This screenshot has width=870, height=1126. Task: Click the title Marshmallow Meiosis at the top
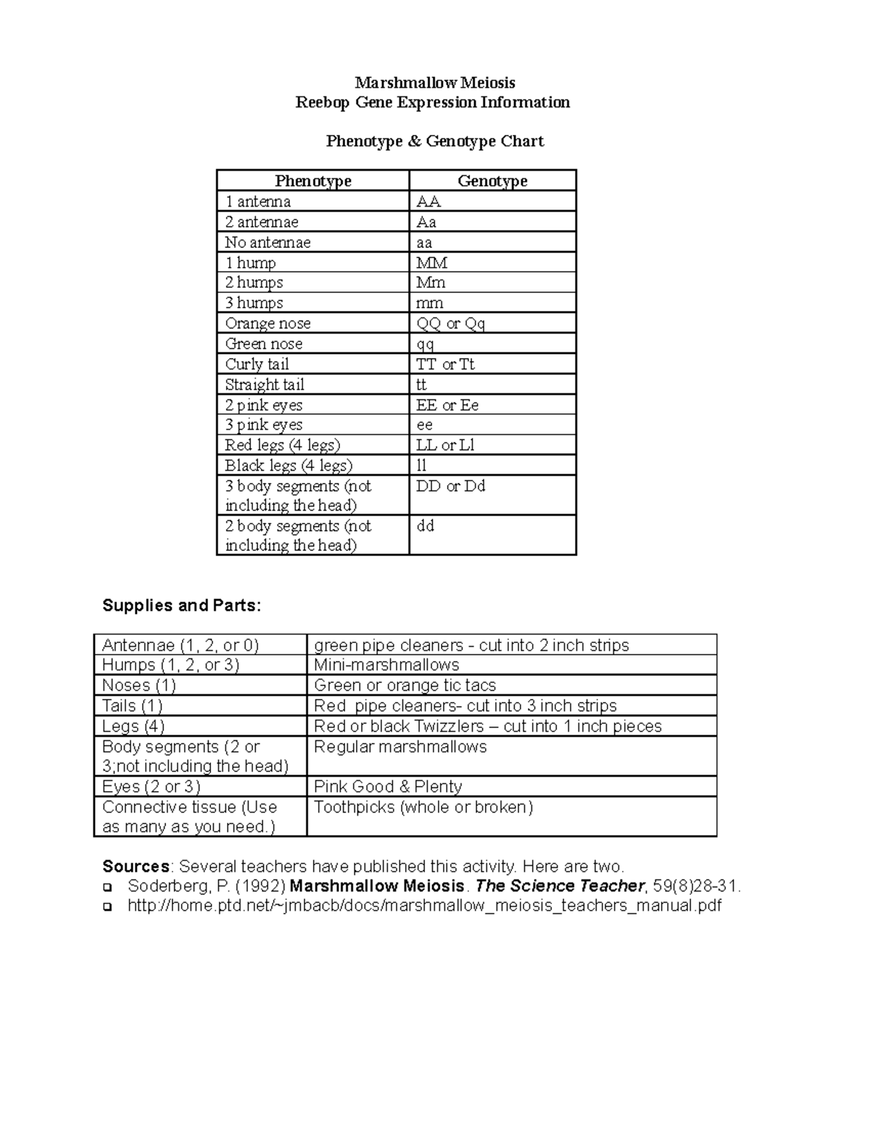[435, 83]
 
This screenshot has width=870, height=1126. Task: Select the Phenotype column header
[313, 181]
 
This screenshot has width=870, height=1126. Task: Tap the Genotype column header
[492, 181]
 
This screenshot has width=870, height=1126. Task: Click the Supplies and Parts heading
[181, 605]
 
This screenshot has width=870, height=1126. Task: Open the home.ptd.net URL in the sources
[424, 906]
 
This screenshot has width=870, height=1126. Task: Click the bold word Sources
[136, 866]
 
